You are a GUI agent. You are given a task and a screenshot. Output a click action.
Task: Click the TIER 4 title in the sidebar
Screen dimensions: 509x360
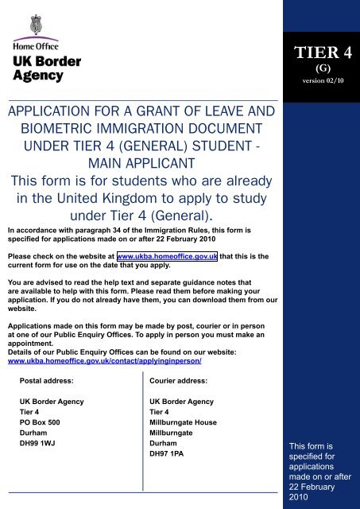tap(324, 52)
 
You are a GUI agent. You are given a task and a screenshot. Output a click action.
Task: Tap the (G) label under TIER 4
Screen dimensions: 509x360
tap(324, 68)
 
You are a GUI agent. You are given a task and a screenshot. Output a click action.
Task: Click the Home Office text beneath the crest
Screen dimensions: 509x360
tap(34, 46)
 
